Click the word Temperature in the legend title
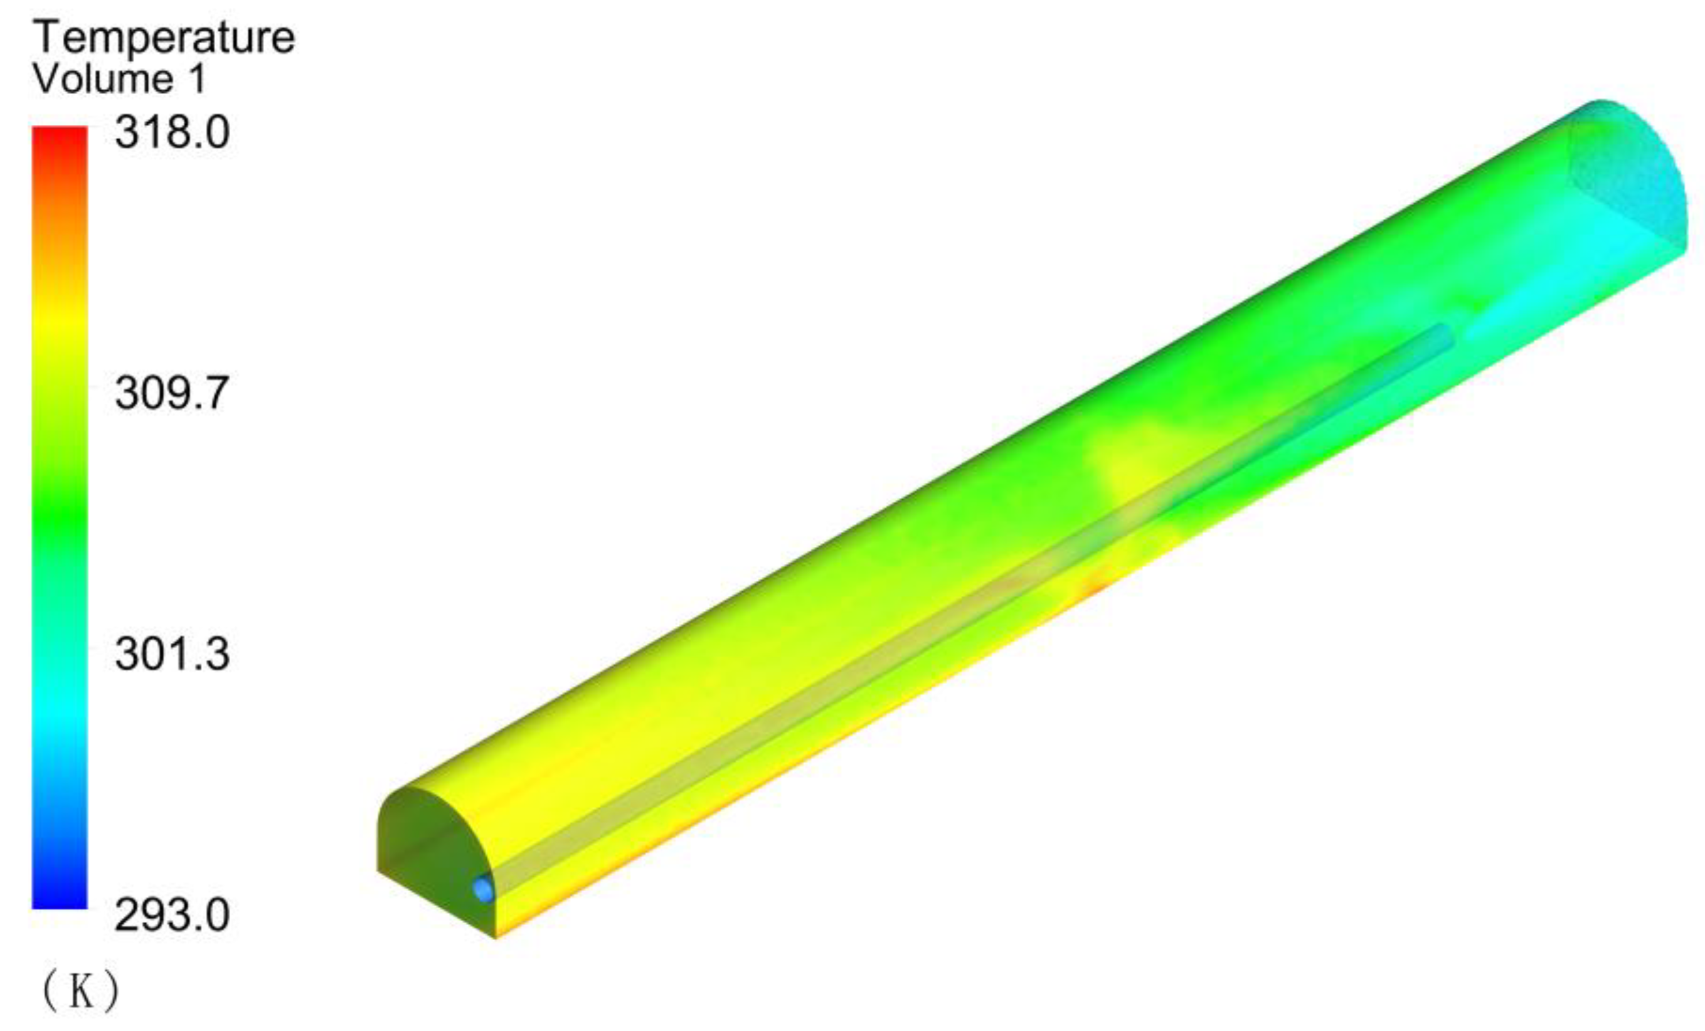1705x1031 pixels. pyautogui.click(x=164, y=38)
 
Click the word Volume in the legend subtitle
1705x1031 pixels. pyautogui.click(x=103, y=79)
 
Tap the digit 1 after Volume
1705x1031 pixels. pyautogui.click(x=197, y=79)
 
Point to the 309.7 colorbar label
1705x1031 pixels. pyautogui.click(x=172, y=393)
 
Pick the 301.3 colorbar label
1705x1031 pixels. pyautogui.click(x=172, y=654)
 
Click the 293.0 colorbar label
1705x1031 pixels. pyautogui.click(x=172, y=916)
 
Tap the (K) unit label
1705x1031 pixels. pyautogui.click(x=81, y=991)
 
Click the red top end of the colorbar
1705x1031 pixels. pyautogui.click(x=60, y=135)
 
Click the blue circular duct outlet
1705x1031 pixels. pyautogui.click(x=484, y=889)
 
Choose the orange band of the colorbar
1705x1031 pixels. pyautogui.click(x=60, y=214)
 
